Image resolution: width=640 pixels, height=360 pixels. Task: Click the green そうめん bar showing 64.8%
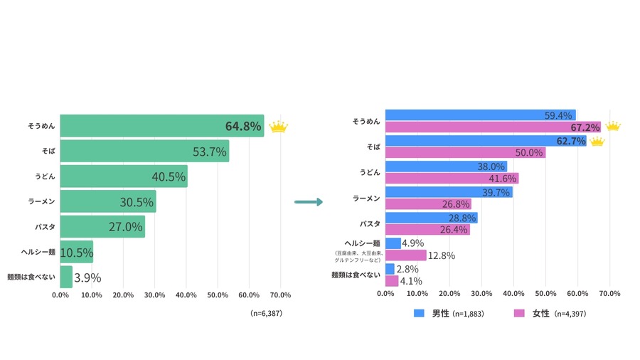161,126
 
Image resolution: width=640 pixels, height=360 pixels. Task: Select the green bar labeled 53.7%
144,151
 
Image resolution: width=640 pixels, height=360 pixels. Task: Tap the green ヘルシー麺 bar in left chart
76,252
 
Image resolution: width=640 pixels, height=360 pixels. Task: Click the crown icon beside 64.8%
278,127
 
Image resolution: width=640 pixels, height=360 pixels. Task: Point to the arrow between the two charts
308,202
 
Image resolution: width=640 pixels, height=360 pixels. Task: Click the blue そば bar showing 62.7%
485,141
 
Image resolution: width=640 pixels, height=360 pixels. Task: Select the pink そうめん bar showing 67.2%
492,127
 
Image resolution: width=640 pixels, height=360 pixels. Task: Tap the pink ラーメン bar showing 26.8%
427,204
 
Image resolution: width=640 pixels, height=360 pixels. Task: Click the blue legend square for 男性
420,313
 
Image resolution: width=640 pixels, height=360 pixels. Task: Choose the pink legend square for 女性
519,313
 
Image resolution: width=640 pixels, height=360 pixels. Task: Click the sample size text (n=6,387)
267,313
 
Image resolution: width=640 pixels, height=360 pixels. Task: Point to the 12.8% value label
441,255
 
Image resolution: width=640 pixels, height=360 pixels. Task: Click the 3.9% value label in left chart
87,277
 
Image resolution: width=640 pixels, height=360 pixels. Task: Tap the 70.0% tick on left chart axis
280,295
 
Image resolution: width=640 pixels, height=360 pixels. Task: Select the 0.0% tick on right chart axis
385,293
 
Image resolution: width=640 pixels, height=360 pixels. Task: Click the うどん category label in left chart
44,176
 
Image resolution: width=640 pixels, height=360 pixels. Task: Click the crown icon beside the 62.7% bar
597,141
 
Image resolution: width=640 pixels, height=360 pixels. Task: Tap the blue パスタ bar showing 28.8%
431,218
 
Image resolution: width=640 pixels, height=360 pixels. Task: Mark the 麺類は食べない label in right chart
356,274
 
